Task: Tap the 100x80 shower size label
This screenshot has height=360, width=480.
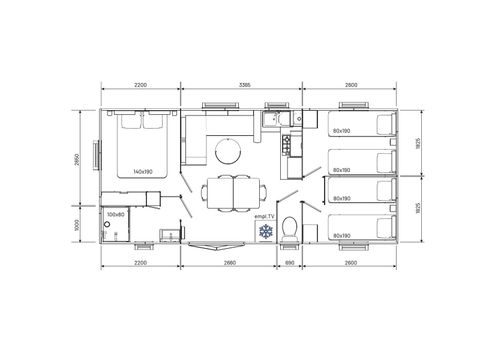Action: coord(115,214)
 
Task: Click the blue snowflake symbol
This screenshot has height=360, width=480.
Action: coord(266,232)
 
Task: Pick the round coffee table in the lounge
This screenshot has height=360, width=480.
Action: coord(228,150)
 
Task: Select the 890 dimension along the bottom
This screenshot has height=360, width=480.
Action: coord(291,263)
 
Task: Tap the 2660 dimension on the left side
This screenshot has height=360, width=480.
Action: coord(76,160)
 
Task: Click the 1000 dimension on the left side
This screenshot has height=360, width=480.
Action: coord(76,225)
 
